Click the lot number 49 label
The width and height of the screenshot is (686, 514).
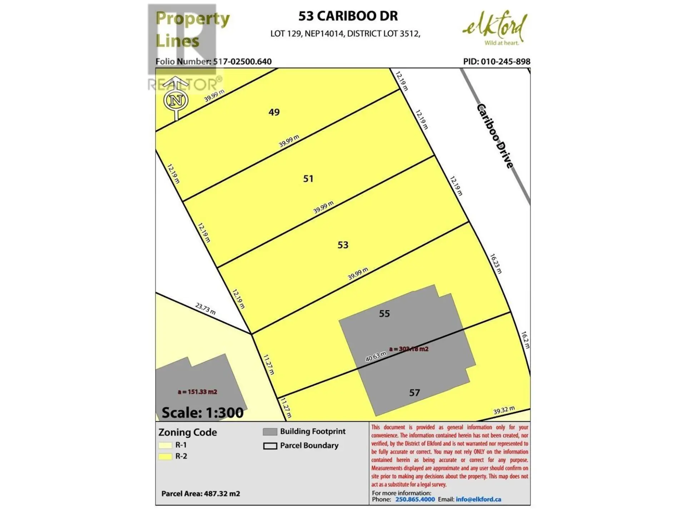(274, 112)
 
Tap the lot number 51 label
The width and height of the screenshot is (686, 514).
(308, 178)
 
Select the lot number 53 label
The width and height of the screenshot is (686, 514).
(343, 245)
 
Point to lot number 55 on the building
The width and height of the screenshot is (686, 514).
(384, 313)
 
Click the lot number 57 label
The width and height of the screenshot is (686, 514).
(414, 393)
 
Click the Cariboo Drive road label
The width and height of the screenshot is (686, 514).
(495, 136)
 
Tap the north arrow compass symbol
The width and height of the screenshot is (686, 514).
(176, 100)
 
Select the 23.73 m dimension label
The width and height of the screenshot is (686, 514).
(205, 309)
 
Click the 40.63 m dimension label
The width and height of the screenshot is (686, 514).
(376, 356)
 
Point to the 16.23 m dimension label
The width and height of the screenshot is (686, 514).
(496, 264)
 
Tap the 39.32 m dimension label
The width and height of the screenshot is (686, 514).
(504, 410)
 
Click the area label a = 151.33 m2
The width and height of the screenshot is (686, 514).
(197, 392)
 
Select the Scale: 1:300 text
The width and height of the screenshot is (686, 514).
(202, 413)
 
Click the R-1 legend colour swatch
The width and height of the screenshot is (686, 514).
(165, 445)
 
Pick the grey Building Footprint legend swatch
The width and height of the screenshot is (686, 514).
(270, 432)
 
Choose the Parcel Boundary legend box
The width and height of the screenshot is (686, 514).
(270, 446)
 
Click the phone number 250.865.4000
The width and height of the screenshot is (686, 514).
(415, 499)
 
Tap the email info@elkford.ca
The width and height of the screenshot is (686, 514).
(478, 499)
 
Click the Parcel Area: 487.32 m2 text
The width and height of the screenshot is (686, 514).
(200, 494)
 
